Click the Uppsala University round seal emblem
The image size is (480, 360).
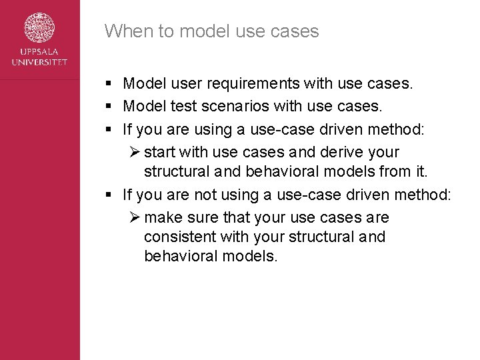(39, 29)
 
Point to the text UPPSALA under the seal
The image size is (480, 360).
(39, 53)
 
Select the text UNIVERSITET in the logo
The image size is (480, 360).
(39, 62)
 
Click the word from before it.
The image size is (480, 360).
(395, 171)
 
